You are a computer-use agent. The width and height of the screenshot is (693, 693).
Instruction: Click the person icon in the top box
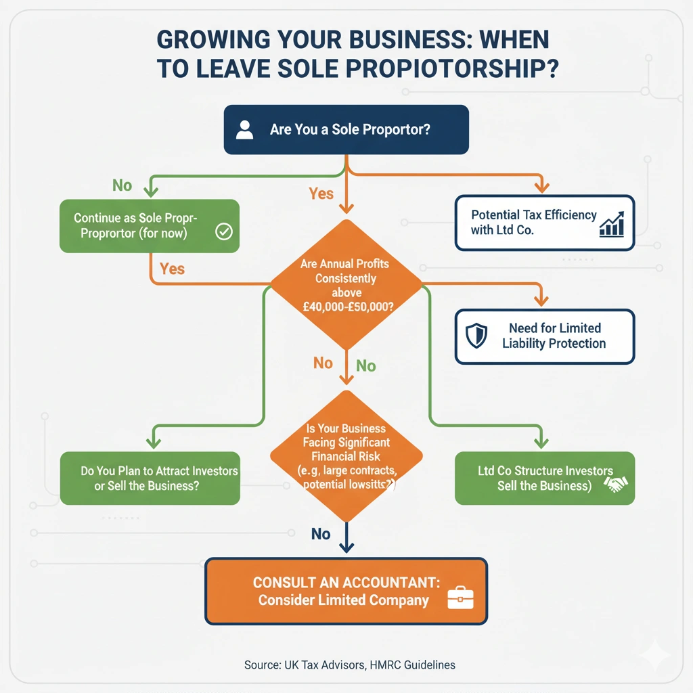(244, 129)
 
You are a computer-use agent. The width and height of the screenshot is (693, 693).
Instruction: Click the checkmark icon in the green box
(223, 232)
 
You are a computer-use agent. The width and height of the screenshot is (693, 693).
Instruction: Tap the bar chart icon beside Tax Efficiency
(611, 224)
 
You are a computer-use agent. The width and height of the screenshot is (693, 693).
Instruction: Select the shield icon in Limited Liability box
(476, 335)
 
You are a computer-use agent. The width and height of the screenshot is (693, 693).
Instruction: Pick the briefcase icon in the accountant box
(461, 598)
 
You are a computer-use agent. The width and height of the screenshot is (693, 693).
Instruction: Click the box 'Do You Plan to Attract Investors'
(150, 478)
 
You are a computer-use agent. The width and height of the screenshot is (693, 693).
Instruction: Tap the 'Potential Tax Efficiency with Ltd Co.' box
(544, 223)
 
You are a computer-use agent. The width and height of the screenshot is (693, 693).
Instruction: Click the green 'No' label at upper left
(122, 185)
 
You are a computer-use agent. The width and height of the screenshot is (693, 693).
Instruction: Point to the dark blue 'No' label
(321, 534)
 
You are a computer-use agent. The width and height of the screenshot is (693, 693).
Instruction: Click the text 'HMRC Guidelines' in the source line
(413, 665)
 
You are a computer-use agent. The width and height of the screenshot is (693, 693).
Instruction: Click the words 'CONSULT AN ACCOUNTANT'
(344, 582)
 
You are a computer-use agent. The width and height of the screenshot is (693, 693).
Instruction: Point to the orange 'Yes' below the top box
(321, 194)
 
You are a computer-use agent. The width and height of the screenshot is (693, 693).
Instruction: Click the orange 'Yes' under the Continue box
(172, 269)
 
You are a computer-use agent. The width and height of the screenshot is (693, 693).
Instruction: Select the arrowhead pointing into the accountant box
(346, 550)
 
